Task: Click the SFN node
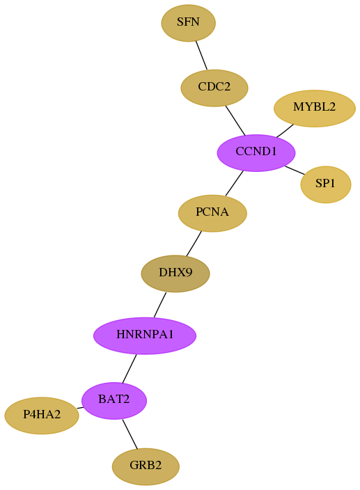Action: (x=188, y=23)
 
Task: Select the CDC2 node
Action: (x=214, y=88)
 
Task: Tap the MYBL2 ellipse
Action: (x=314, y=109)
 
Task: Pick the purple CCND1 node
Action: (x=256, y=153)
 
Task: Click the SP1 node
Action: (x=326, y=184)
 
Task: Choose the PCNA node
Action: (x=212, y=213)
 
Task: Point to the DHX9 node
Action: (x=175, y=274)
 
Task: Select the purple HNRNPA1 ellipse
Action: (x=145, y=335)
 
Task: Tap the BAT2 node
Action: (x=114, y=400)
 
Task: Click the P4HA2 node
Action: (x=42, y=416)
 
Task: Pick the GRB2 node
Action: (x=146, y=466)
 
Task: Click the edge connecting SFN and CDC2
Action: (x=201, y=55)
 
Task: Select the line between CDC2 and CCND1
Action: (x=235, y=120)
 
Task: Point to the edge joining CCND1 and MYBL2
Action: (x=285, y=131)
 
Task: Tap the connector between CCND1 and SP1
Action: (x=295, y=171)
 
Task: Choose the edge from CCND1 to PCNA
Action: (x=234, y=183)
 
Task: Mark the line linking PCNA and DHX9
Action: (x=194, y=244)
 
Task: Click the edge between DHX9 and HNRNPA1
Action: (x=159, y=305)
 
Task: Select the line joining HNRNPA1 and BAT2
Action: (x=130, y=368)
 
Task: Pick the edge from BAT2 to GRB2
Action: (x=130, y=434)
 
